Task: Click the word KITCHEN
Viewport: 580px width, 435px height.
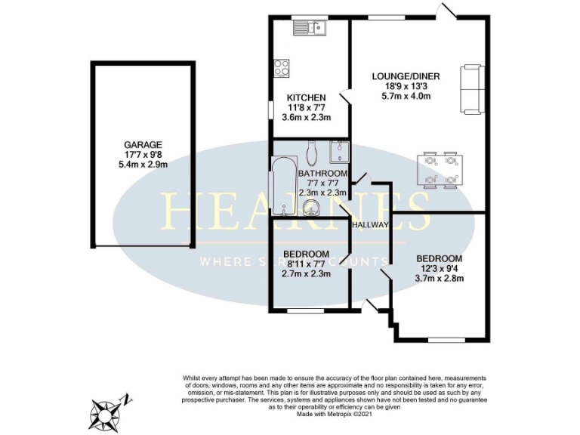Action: click(x=306, y=98)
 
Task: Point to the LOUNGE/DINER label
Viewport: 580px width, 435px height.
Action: click(x=406, y=76)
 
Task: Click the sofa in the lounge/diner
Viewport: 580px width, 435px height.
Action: click(x=471, y=87)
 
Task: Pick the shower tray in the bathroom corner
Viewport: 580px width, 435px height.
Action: click(x=340, y=151)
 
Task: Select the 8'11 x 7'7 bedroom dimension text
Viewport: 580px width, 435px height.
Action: click(x=306, y=264)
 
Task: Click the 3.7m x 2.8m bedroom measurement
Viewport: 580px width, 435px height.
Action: click(x=439, y=278)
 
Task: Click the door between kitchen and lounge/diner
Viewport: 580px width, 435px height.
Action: click(x=344, y=98)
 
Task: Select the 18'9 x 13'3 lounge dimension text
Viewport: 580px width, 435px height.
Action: click(x=406, y=86)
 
